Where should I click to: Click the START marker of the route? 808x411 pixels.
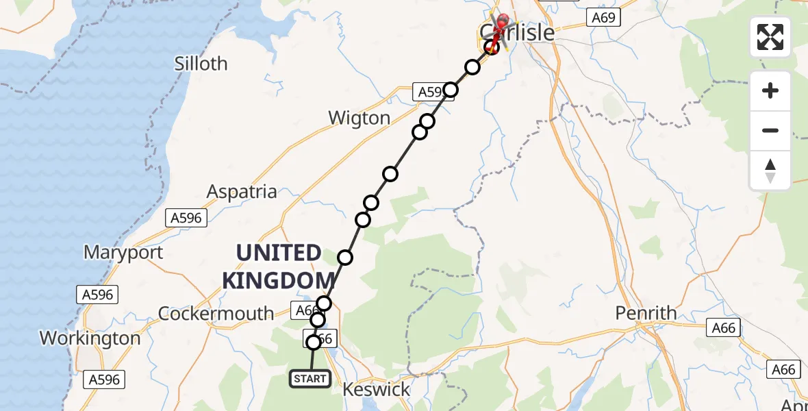coord(310,379)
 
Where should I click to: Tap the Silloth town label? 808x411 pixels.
coord(201,64)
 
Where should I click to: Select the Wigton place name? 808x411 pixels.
coord(359,118)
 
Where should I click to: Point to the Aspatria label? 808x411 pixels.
coord(241,192)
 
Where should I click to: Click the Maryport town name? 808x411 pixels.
coord(123,252)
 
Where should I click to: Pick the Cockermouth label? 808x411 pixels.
coord(216,314)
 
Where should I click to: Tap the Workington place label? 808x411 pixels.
coord(90,338)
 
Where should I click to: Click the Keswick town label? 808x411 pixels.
coord(376,390)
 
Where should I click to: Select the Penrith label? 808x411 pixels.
coord(646,313)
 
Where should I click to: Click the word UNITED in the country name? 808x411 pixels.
coord(279,253)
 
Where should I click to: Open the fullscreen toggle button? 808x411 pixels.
coord(770,37)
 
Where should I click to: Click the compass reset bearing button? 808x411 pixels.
coord(770,171)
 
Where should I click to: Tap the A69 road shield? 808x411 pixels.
coord(603,18)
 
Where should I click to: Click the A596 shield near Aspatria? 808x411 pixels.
coord(186,218)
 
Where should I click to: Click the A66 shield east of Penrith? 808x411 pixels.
coord(724,328)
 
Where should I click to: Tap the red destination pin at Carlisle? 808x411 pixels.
coord(503,25)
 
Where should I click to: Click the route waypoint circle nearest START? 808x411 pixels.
coord(314,342)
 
